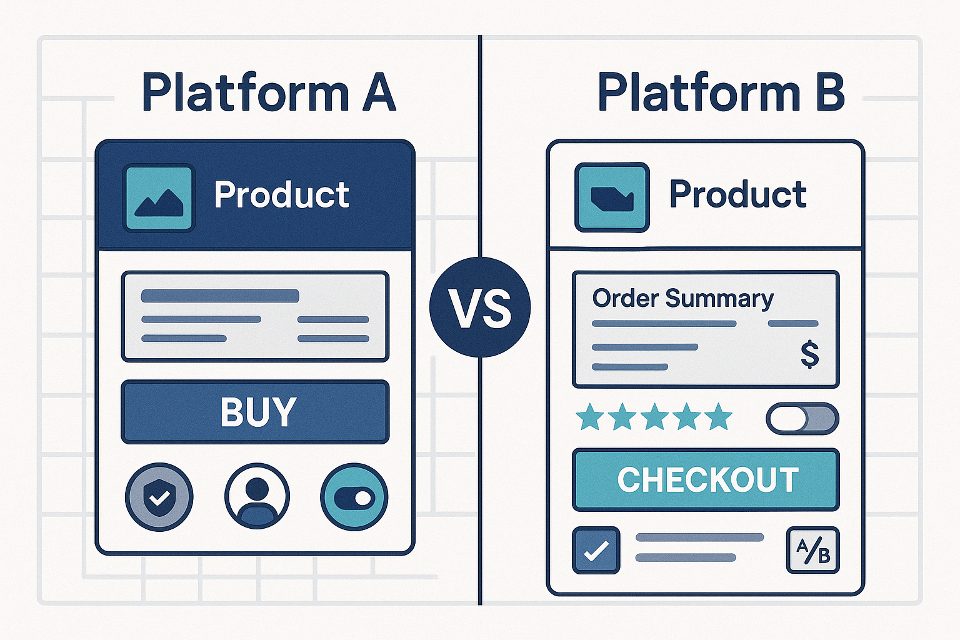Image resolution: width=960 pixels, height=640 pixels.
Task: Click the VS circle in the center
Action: pos(480,307)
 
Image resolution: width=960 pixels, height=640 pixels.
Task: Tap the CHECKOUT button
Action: pos(706,480)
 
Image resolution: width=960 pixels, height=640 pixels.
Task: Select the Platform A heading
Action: pos(269,93)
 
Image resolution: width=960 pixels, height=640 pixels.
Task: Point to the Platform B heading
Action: pos(721,93)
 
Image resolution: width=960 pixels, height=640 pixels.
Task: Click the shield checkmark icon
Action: pos(159,497)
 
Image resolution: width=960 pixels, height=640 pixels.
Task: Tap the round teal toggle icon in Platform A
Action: pos(354,497)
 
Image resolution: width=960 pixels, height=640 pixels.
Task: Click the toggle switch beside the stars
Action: pos(802,419)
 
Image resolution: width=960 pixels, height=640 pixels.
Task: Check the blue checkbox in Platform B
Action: pos(596,551)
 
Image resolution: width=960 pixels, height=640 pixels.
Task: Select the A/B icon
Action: pos(812,551)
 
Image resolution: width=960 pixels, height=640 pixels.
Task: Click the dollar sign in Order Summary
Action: pos(810,354)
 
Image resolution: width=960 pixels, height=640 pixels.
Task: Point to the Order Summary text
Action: pos(682,299)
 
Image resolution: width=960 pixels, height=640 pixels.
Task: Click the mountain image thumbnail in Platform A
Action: pos(159,198)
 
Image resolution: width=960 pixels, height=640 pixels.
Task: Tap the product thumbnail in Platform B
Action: pos(612,197)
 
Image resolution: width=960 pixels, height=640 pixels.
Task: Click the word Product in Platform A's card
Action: pos(281,195)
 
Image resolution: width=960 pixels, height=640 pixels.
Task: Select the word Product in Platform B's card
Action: pos(737,194)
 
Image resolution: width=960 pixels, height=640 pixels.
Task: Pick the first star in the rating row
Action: pos(590,417)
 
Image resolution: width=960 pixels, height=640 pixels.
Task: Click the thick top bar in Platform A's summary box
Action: pos(220,296)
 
